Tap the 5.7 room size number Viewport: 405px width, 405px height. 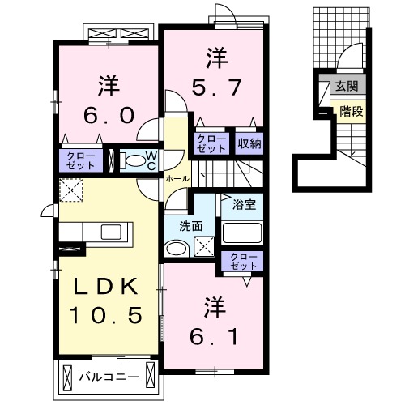[215, 87]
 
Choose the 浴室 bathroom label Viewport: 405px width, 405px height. [244, 204]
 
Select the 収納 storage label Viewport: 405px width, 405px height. [249, 143]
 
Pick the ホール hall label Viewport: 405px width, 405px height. [177, 178]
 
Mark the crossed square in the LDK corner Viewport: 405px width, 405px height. [70, 191]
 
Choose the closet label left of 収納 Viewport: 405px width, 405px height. [211, 143]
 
